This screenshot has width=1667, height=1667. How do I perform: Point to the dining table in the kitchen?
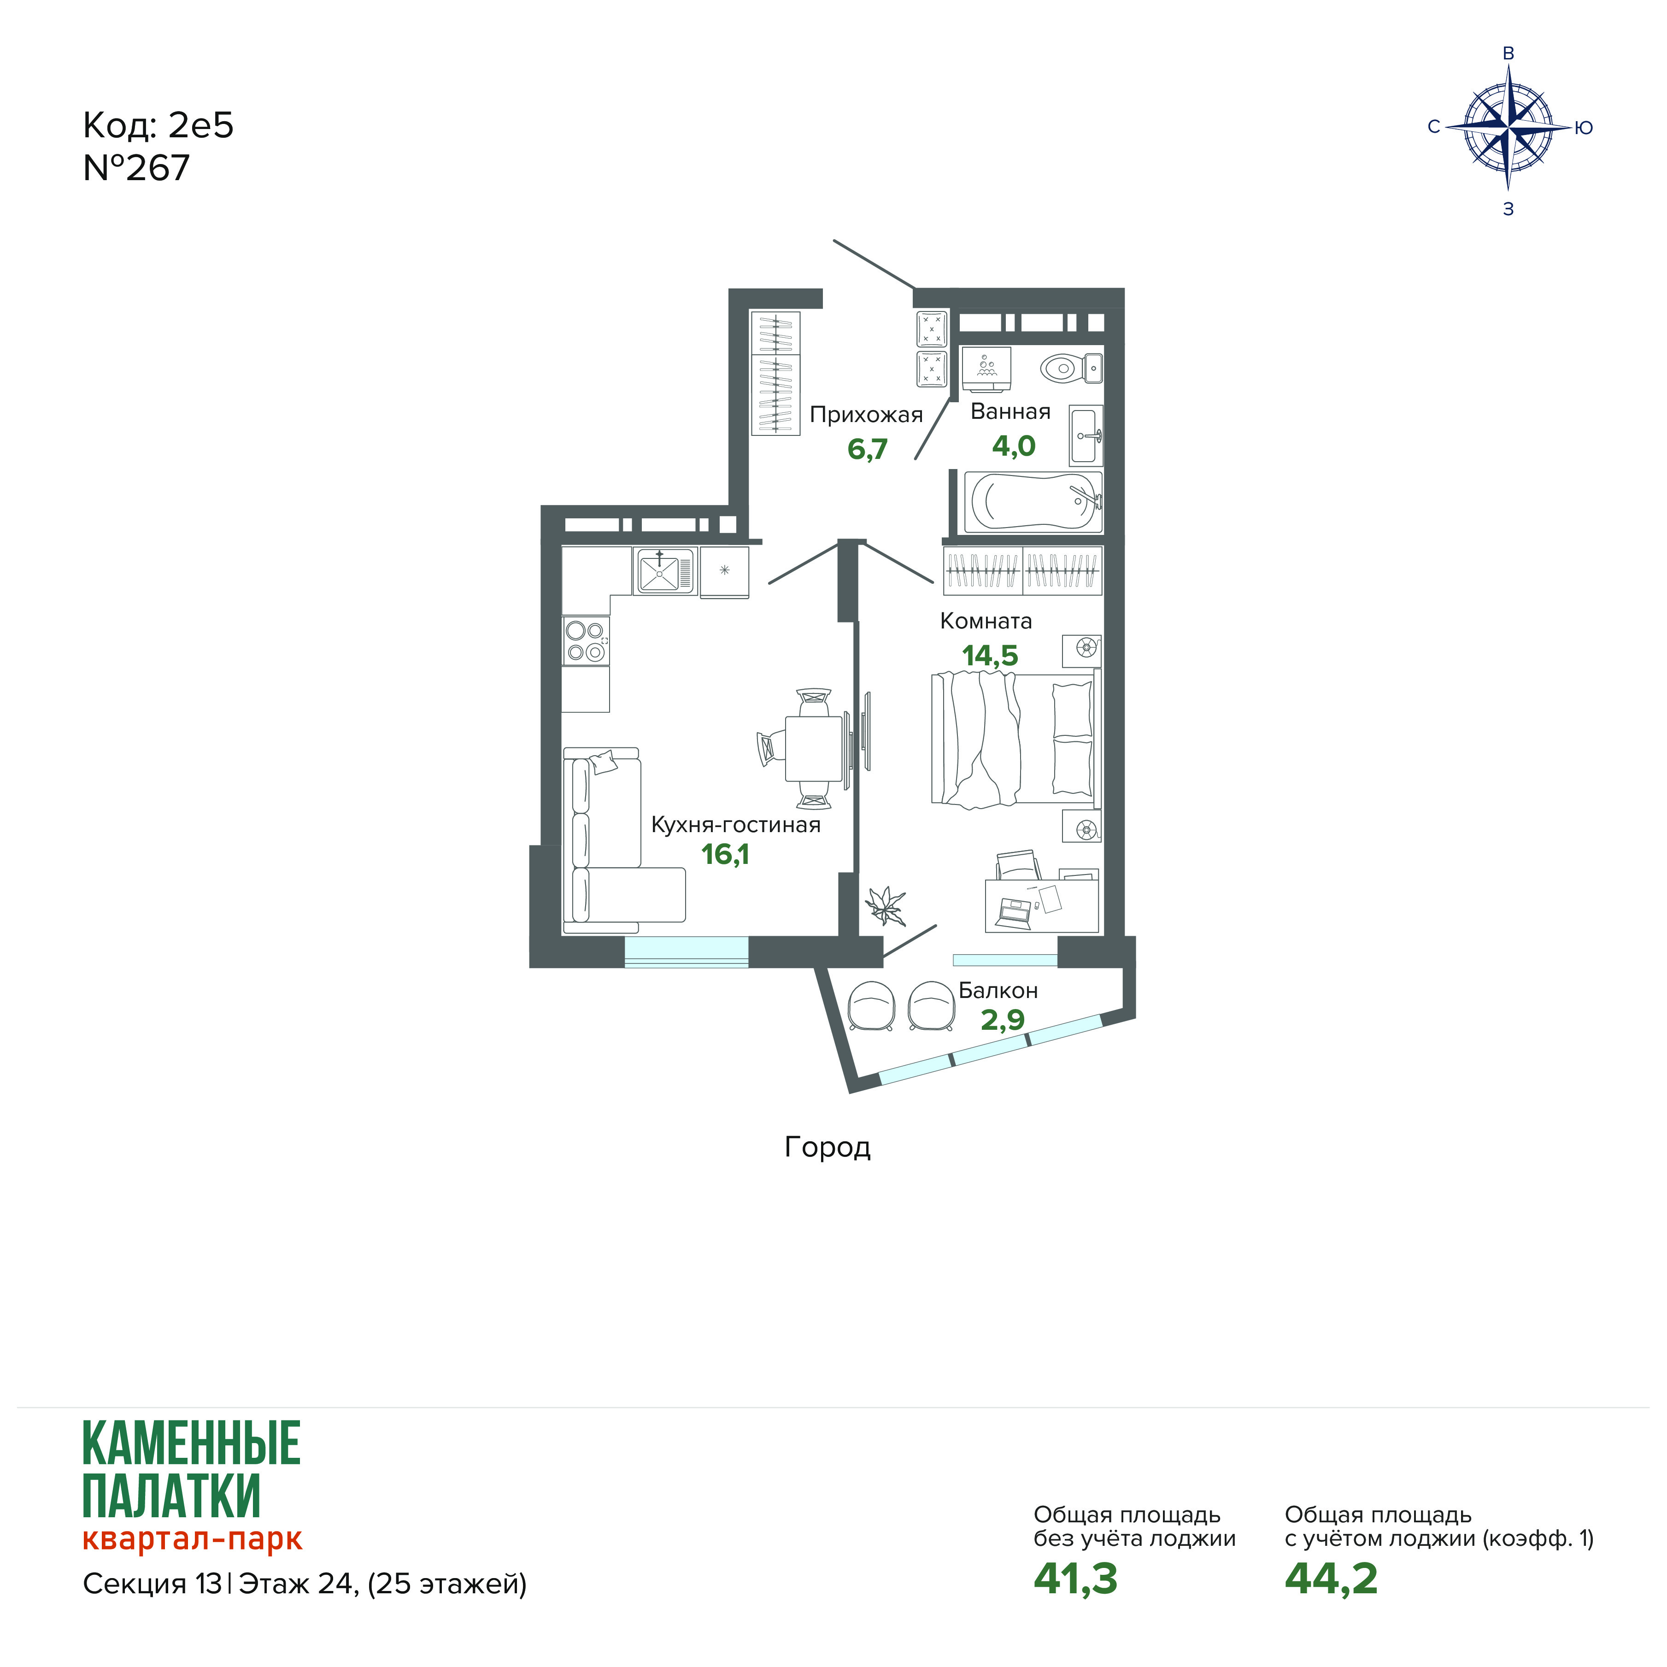(x=814, y=748)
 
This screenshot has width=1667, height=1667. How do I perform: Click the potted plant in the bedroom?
(x=886, y=905)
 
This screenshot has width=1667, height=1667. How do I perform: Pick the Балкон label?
(x=998, y=991)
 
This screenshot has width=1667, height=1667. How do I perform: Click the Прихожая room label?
(x=866, y=415)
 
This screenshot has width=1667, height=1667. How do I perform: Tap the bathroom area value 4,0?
(x=1014, y=446)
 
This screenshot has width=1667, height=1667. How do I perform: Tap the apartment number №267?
(x=136, y=168)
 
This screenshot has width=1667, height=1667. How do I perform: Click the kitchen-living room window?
(x=686, y=952)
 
